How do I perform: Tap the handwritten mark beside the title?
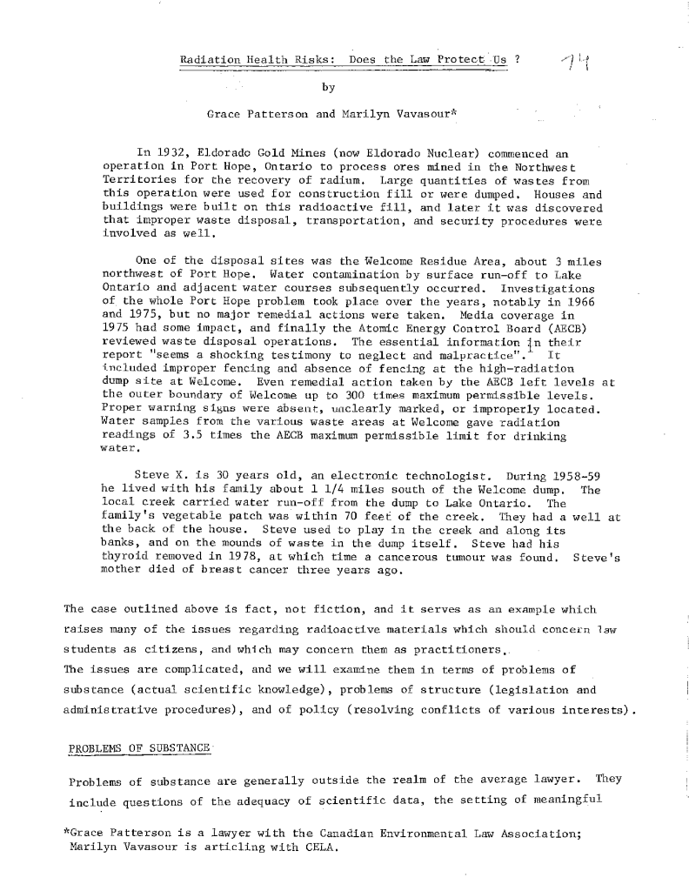[x=575, y=61]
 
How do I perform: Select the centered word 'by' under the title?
[x=328, y=87]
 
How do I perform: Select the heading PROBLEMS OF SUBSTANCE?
[x=137, y=749]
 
